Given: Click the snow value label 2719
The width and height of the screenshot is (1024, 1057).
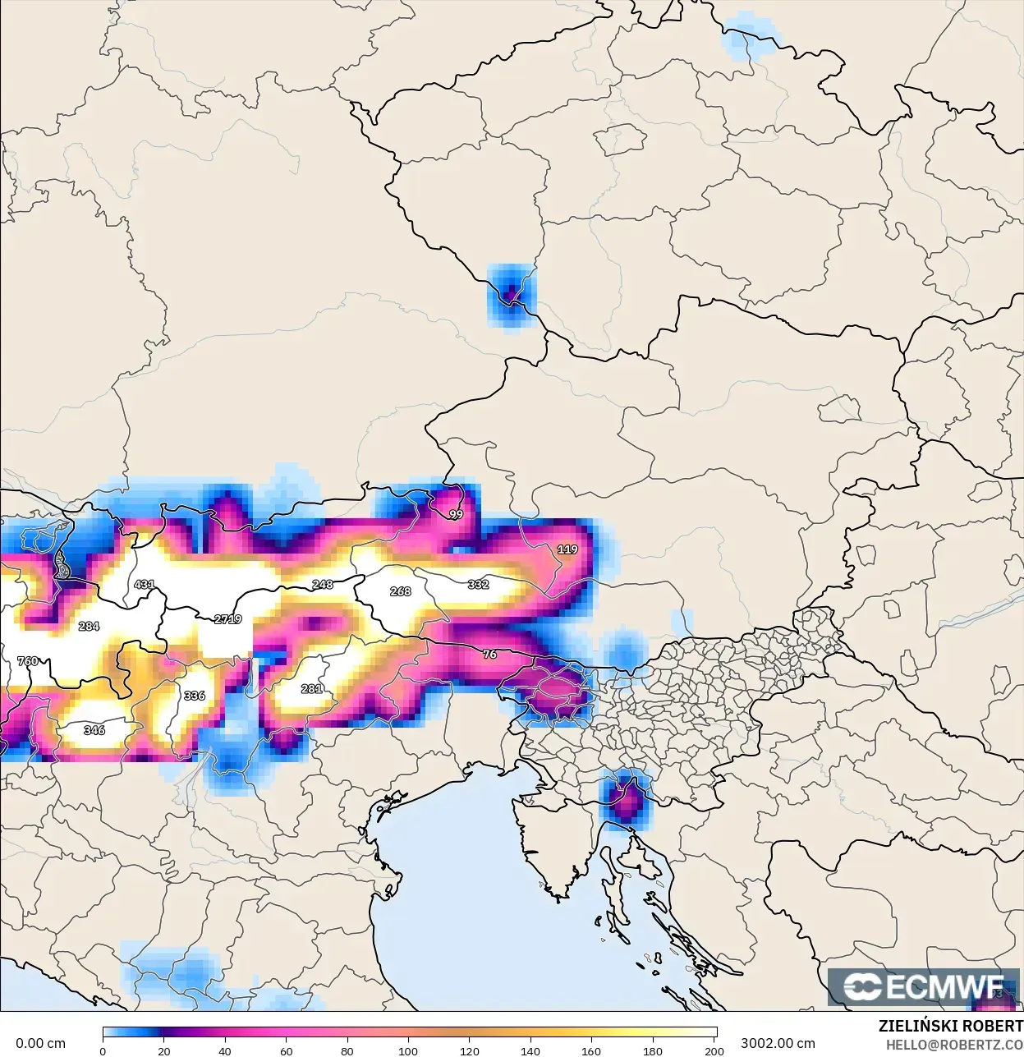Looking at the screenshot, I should pyautogui.click(x=227, y=619).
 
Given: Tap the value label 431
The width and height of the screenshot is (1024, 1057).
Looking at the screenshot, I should pyautogui.click(x=144, y=585).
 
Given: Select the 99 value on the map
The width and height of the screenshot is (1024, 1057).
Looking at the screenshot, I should pyautogui.click(x=456, y=515).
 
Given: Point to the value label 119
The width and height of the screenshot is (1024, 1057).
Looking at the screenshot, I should pyautogui.click(x=567, y=549).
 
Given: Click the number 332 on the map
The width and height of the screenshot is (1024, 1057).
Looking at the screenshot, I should pyautogui.click(x=478, y=585).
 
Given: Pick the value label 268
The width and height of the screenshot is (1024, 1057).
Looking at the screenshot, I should pyautogui.click(x=400, y=591).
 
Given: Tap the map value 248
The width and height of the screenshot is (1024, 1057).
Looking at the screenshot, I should pyautogui.click(x=323, y=585).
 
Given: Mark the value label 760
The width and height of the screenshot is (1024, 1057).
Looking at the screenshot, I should pyautogui.click(x=27, y=661).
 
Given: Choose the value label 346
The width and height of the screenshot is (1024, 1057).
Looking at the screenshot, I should pyautogui.click(x=94, y=730).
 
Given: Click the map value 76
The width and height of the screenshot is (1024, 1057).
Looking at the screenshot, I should pyautogui.click(x=489, y=655).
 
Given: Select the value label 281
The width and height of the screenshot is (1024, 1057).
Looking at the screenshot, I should pyautogui.click(x=311, y=689).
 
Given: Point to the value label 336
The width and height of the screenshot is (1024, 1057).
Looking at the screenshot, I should pyautogui.click(x=194, y=696).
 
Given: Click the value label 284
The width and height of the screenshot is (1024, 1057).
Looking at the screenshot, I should pyautogui.click(x=89, y=627).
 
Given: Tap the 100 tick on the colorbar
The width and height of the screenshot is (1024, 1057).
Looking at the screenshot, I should pyautogui.click(x=408, y=1050).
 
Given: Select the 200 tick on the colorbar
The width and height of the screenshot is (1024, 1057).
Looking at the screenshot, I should pyautogui.click(x=714, y=1050).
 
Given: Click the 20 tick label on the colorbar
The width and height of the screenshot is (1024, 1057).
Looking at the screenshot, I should pyautogui.click(x=164, y=1050).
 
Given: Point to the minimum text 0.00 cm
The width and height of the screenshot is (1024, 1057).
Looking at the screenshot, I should pyautogui.click(x=40, y=1043).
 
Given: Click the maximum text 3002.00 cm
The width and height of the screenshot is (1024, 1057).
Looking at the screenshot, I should pyautogui.click(x=778, y=1043).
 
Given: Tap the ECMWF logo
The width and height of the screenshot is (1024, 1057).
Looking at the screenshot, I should pyautogui.click(x=923, y=986).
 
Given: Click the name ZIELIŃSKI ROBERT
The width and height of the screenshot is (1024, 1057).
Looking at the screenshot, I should pyautogui.click(x=950, y=1026).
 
